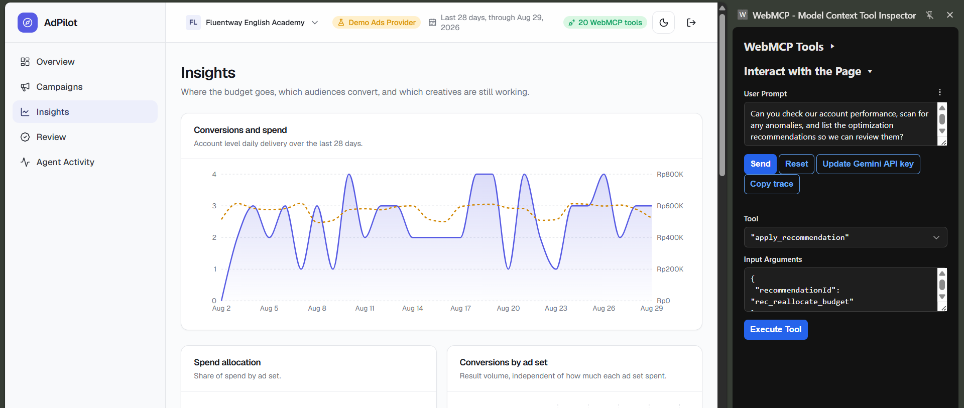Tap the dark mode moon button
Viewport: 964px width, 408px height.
(663, 23)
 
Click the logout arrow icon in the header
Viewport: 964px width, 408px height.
(691, 23)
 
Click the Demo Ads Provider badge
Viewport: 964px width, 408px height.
(377, 23)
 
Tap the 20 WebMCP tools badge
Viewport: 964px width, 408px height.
(605, 23)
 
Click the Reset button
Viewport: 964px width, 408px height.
(796, 164)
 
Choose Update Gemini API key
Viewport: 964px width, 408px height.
(868, 164)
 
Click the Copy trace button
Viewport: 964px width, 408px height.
(772, 184)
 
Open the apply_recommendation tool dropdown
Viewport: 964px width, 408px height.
(846, 237)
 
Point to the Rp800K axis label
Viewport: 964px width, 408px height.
(670, 175)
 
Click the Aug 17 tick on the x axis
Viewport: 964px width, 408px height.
(460, 309)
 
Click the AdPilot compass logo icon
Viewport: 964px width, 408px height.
(28, 23)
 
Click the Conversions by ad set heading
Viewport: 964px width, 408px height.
(504, 362)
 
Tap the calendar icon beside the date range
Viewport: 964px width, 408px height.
(432, 23)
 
